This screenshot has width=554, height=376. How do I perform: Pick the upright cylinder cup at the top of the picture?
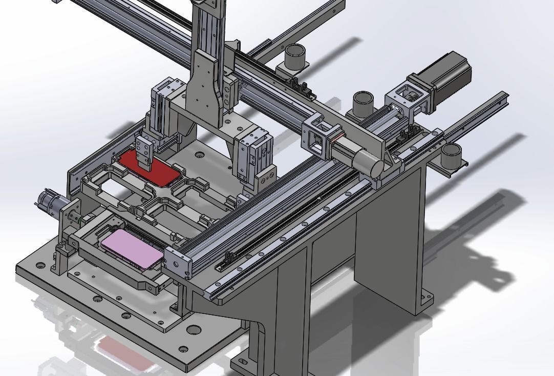(294, 56)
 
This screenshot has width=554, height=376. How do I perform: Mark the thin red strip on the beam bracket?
(336, 137)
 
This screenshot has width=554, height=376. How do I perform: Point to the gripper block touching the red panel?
(145, 154)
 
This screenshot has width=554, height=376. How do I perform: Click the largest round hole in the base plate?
(193, 330)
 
